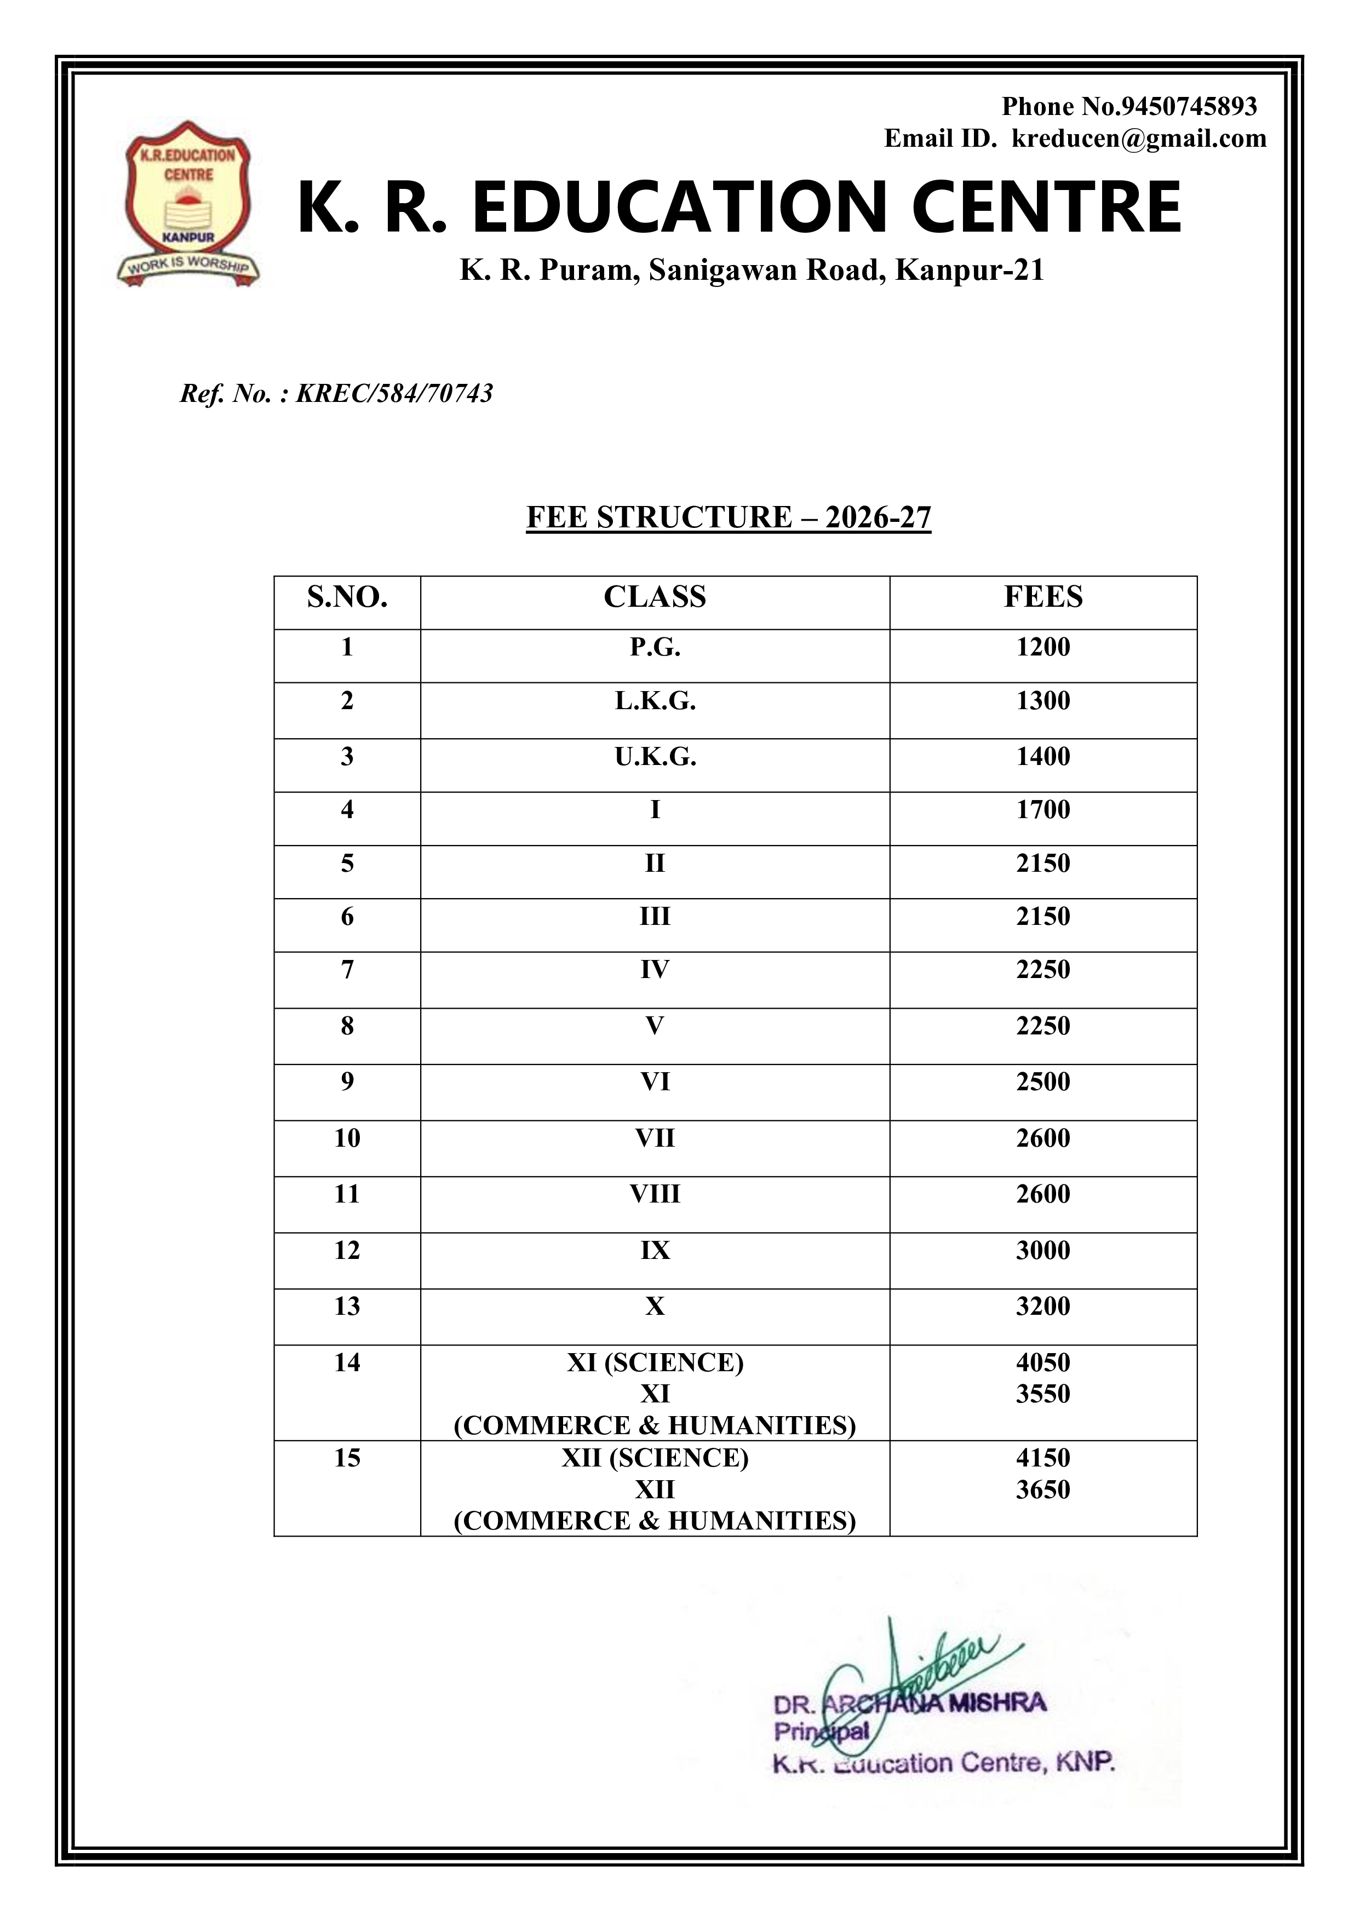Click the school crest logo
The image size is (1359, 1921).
point(187,205)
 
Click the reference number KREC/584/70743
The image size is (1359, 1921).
point(394,393)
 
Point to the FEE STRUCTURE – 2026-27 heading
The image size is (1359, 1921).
point(728,517)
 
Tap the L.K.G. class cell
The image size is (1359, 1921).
point(655,701)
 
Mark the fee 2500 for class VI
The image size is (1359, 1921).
point(1043,1082)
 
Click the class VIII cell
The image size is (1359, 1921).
point(655,1194)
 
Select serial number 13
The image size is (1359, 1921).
point(347,1306)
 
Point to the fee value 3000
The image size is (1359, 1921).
point(1043,1250)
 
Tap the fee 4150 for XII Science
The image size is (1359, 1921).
point(1043,1458)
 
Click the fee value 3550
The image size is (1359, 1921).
point(1043,1394)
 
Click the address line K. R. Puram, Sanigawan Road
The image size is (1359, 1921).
point(752,271)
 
